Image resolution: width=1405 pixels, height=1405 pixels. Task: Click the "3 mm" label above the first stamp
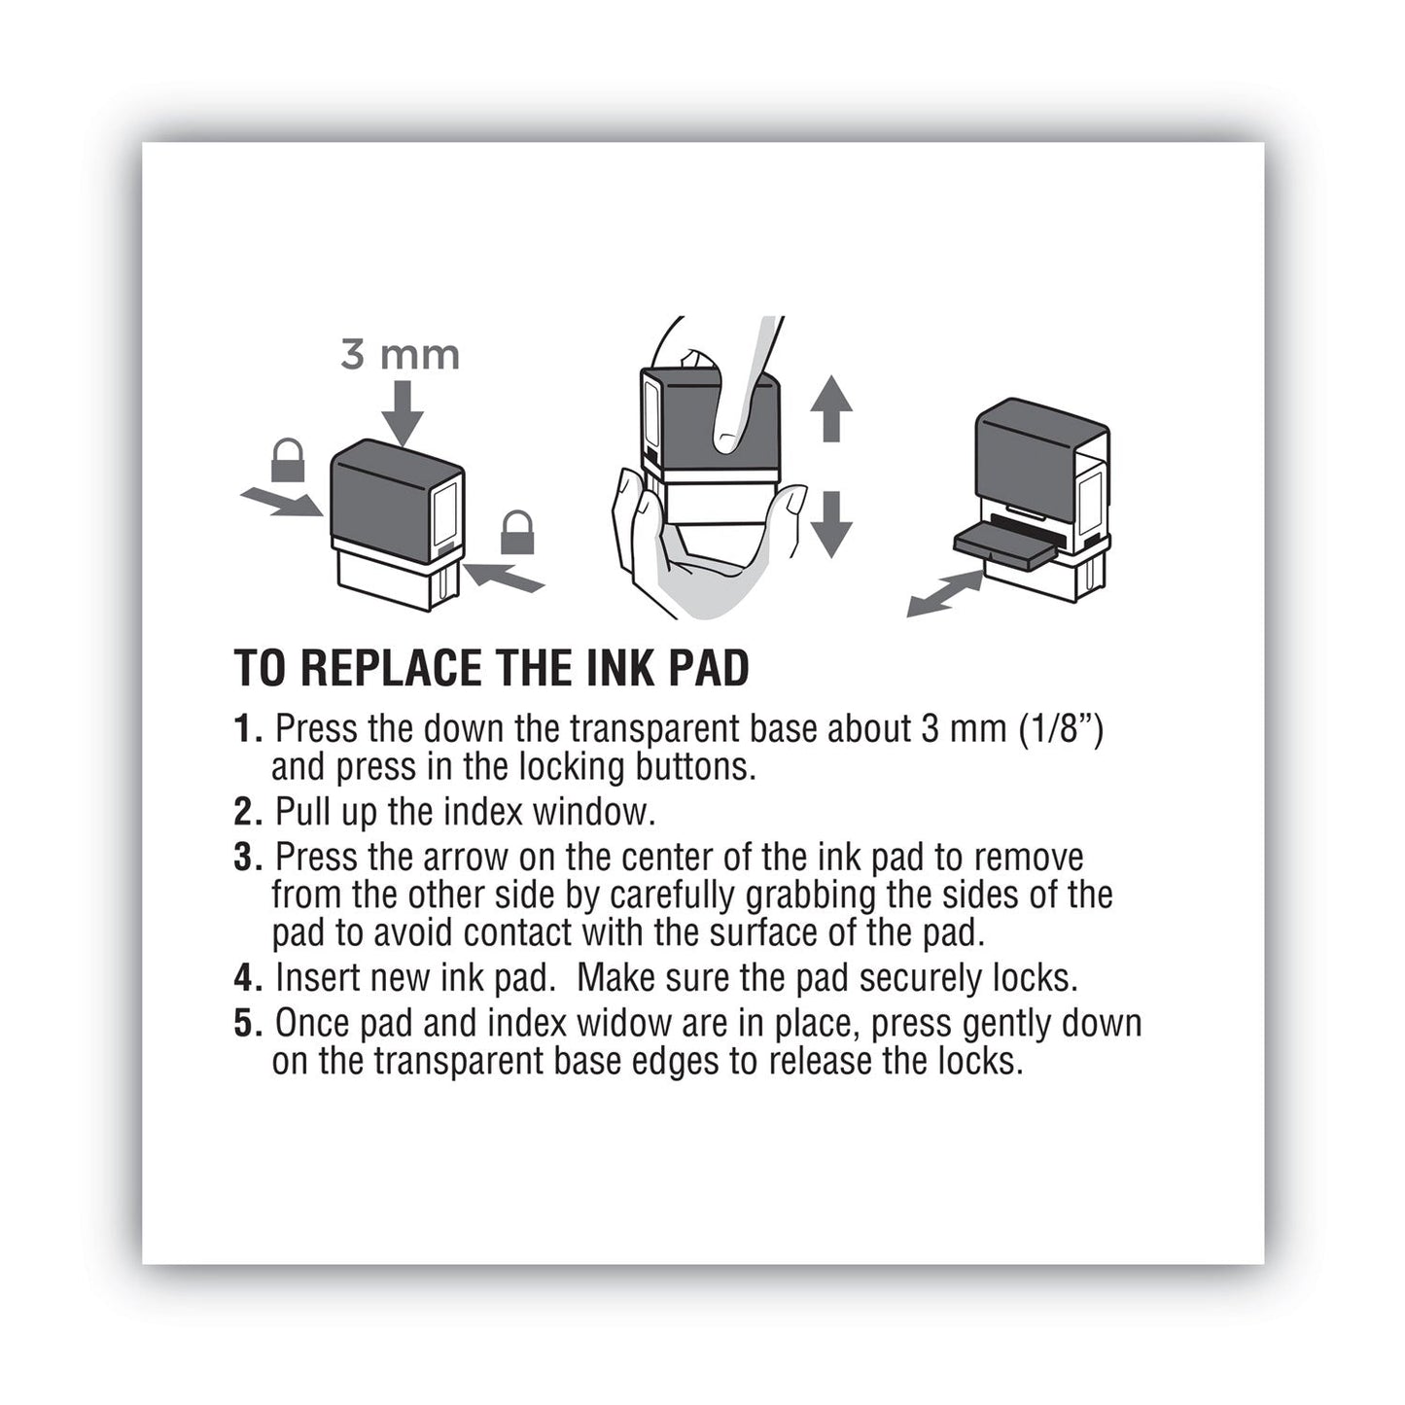pos(400,355)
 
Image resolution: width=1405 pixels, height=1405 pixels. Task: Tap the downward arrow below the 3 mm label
pos(402,413)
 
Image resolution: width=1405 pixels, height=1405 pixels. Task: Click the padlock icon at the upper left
pos(287,460)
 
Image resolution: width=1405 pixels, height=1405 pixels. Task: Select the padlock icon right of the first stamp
pos(516,533)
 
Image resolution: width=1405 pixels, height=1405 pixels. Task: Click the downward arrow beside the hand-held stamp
pos(830,523)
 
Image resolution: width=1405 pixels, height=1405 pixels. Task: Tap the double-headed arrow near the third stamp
pos(944,593)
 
